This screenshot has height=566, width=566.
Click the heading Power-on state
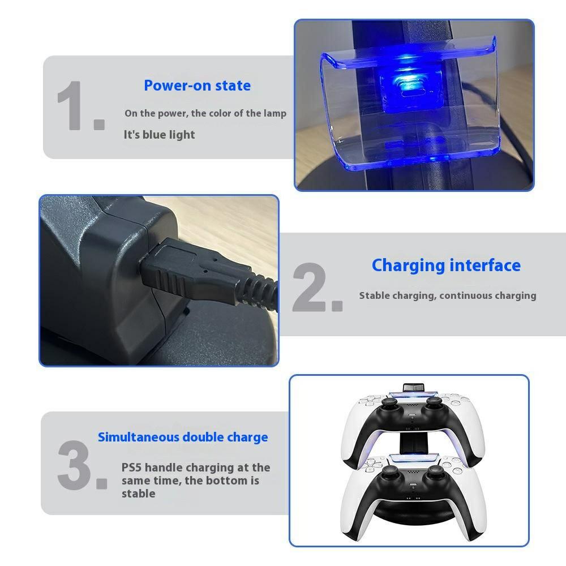pyautogui.click(x=197, y=85)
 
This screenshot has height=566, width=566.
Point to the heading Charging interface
pyautogui.click(x=446, y=265)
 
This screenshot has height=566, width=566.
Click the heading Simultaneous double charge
pyautogui.click(x=183, y=437)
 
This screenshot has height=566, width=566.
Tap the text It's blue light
pyautogui.click(x=159, y=135)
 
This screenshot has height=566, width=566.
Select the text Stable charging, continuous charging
pyautogui.click(x=447, y=295)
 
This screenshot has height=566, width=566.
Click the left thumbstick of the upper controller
pyautogui.click(x=389, y=402)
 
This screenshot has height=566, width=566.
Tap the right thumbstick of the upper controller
pyautogui.click(x=434, y=402)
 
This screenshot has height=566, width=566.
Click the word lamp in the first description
pyautogui.click(x=275, y=113)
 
